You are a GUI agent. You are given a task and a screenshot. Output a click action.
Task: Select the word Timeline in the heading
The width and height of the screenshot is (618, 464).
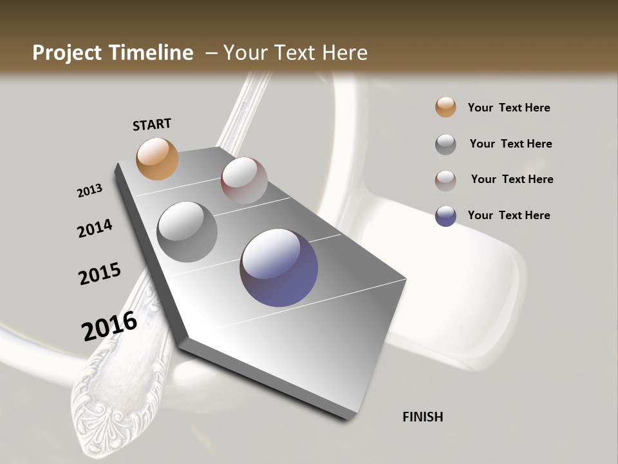(152, 53)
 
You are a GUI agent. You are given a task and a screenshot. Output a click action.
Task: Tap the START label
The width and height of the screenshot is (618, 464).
(152, 124)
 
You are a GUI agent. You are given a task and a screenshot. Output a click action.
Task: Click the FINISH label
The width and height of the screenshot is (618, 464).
(423, 417)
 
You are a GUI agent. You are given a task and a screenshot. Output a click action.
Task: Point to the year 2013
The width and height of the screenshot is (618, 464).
(89, 191)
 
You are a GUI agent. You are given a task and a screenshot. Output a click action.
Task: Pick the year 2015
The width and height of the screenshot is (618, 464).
(100, 274)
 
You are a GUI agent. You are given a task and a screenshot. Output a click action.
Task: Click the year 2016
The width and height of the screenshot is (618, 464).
(109, 326)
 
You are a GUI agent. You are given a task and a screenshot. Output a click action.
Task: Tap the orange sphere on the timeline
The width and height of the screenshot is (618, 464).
(157, 159)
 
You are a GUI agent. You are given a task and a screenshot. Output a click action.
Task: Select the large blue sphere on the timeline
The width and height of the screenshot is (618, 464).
(279, 267)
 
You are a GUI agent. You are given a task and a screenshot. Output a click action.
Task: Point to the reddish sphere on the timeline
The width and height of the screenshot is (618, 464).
(244, 180)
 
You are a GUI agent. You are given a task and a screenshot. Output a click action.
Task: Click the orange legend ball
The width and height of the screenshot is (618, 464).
(445, 108)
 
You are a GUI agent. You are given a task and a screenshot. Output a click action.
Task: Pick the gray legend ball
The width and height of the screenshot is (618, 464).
(445, 144)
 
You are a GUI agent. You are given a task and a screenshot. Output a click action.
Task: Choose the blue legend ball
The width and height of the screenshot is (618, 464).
(445, 216)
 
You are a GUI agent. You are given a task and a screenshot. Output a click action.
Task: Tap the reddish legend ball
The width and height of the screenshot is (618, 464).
(445, 180)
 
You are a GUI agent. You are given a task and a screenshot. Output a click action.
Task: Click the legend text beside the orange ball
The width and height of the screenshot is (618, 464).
(509, 108)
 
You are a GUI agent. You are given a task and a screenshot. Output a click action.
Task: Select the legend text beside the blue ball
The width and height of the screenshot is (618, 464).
(509, 215)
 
